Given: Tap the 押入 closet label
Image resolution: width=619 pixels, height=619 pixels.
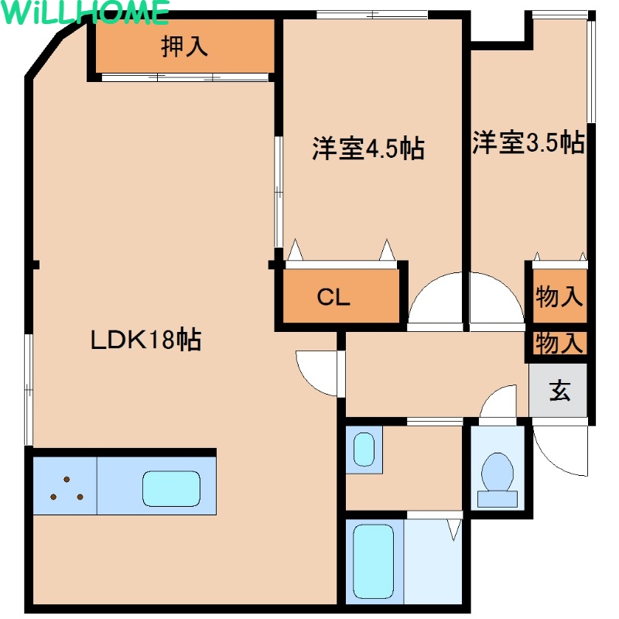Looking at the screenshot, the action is coord(184,46).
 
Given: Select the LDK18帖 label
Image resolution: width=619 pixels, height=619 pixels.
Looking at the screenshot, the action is coord(146,339).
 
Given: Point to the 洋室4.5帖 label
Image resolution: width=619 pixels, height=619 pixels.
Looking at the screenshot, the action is coord(368,149).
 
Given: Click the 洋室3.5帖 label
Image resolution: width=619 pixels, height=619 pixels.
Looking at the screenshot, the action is coord(528,142).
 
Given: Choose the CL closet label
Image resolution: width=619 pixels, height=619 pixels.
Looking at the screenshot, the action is coord(333,297).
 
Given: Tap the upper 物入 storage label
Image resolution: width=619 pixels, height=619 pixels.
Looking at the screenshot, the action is coord(559,296).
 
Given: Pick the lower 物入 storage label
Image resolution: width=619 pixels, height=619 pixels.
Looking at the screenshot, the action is coord(559,343).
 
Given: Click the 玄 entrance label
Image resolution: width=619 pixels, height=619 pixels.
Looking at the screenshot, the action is coord(559,391).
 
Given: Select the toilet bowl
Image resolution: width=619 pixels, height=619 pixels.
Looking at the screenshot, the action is coord(498,472).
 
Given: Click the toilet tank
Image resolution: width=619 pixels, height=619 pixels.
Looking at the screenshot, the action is coord(498,499).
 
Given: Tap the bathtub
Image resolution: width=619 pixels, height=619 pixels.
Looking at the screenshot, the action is coord(374,562).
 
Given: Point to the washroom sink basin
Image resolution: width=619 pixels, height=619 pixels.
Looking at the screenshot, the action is coord(364,450).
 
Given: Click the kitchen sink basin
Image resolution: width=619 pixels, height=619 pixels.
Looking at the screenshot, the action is coord(171,488).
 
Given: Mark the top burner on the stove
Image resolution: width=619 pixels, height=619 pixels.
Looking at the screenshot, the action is coord(67,479).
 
